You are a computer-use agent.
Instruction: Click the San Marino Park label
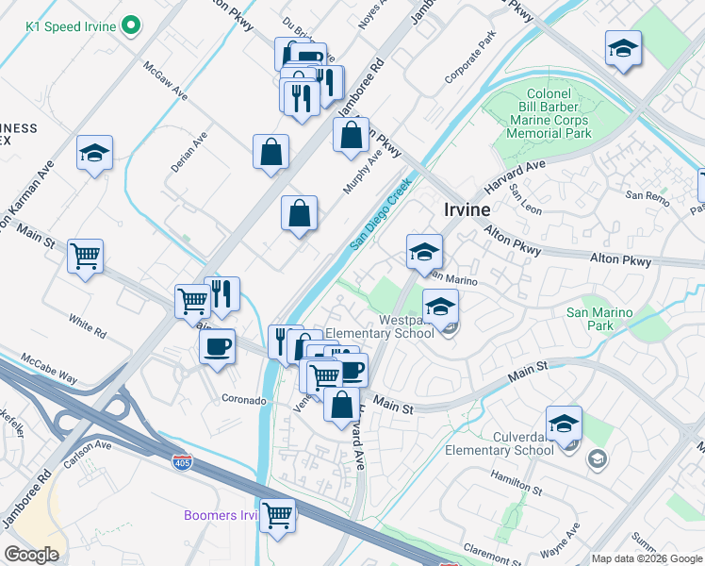(602, 319)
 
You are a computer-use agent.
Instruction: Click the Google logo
(31, 555)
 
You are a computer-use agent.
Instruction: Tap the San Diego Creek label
(381, 214)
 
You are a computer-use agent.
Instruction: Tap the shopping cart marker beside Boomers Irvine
(278, 515)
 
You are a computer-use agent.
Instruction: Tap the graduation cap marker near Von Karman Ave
(95, 153)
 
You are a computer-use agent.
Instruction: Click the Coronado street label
(243, 400)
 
